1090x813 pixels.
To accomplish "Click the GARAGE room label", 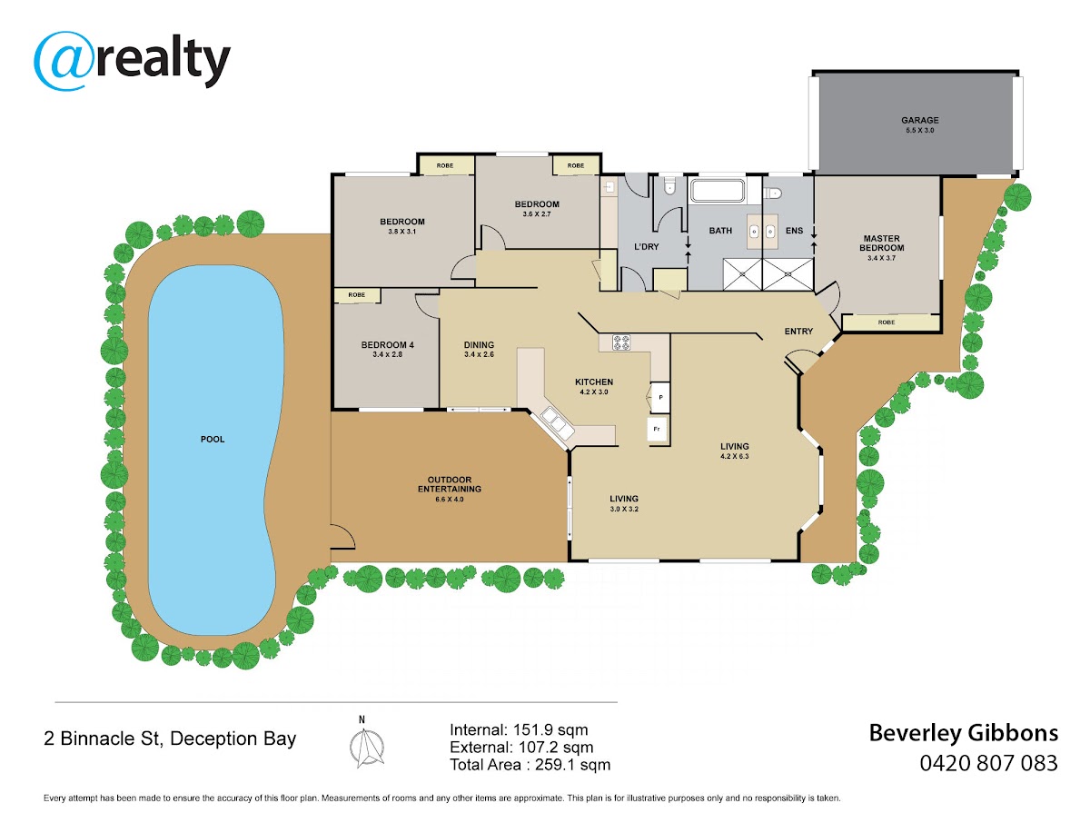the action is point(919,120).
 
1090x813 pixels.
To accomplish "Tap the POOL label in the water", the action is point(212,439).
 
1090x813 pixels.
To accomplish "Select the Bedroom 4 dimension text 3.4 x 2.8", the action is point(387,354).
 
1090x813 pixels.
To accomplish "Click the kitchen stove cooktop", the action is point(620,342).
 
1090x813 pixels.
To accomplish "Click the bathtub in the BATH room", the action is point(717,191).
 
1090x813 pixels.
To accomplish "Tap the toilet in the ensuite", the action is point(772,193).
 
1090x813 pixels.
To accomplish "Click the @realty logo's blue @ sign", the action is point(63,61).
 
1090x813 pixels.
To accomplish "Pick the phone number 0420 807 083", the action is point(988,763).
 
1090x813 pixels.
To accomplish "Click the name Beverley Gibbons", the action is point(964,734).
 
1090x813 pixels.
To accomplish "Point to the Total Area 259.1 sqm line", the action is point(530,764).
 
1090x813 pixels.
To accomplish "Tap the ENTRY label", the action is point(798,332).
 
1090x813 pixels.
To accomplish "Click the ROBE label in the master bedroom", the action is point(886,322).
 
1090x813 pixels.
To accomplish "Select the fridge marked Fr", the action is point(657,429).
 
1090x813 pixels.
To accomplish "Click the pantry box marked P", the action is point(660,397).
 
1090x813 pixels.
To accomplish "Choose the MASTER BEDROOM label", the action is point(881,243).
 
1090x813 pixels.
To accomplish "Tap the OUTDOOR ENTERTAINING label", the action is point(449,484).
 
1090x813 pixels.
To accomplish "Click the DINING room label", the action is point(479,344).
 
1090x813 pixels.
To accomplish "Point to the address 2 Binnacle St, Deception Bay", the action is point(170,739).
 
